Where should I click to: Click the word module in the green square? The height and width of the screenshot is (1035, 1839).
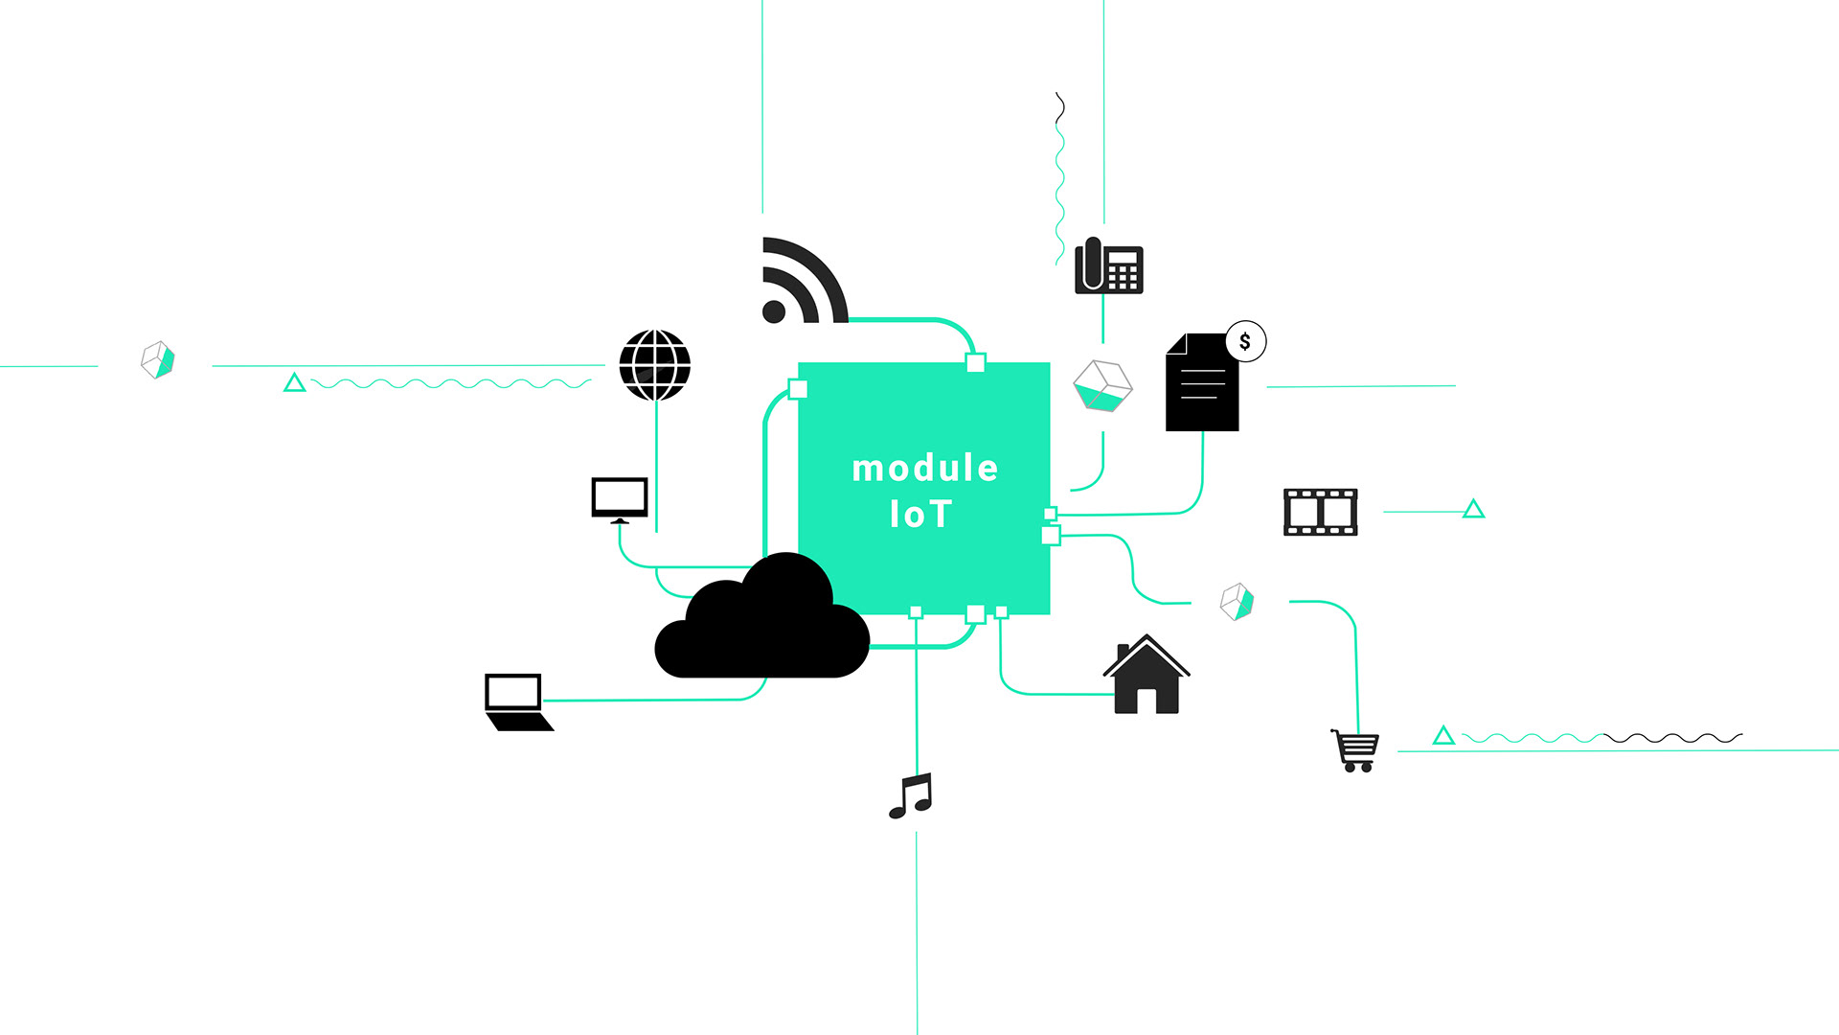click(924, 469)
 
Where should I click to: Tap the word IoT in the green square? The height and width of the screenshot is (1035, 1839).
click(919, 515)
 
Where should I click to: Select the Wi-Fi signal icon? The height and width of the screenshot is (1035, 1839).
click(800, 282)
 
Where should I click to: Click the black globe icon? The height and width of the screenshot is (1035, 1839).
click(655, 365)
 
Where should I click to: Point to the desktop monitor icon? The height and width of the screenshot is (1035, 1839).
click(620, 499)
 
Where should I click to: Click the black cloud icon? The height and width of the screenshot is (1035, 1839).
click(761, 622)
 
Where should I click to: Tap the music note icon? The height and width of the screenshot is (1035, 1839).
click(911, 795)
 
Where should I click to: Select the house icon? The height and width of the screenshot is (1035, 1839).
click(1147, 676)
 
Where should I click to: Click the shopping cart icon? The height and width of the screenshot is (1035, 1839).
click(1355, 750)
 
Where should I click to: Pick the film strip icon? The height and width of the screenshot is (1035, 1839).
click(1320, 512)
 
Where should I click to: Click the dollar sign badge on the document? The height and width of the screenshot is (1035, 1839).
click(1245, 341)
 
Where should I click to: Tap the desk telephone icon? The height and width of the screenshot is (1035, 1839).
click(1109, 265)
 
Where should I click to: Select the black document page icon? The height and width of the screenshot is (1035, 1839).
click(1201, 384)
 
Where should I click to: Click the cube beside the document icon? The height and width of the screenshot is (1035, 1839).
click(1102, 385)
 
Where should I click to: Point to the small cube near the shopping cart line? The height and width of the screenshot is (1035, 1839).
click(1237, 602)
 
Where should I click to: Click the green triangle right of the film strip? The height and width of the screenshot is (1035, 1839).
click(1473, 510)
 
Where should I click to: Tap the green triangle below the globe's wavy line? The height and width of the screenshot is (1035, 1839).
click(295, 383)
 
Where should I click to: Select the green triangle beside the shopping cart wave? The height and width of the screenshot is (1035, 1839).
click(1443, 736)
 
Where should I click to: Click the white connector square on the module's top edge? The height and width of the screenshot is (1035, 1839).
click(975, 362)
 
